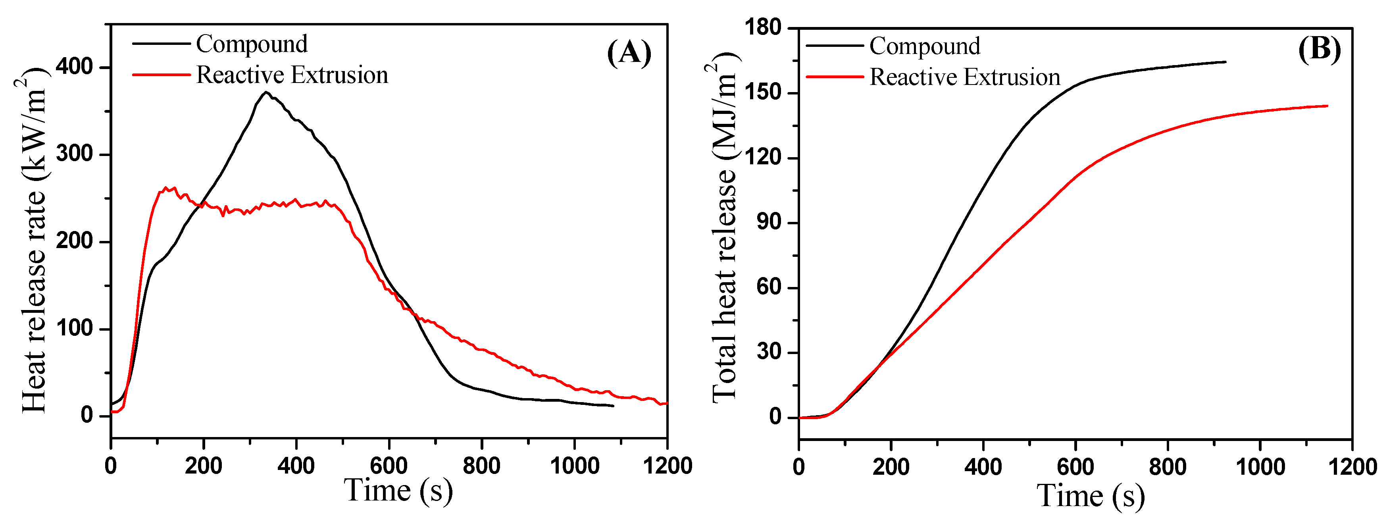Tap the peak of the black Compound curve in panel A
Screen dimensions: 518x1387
265,92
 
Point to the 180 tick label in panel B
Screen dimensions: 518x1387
762,27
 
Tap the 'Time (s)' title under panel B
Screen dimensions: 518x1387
1090,495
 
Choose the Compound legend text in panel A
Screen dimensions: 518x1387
252,44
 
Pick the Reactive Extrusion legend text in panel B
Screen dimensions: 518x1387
964,77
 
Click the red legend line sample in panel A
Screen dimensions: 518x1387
161,74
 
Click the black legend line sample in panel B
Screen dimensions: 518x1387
835,46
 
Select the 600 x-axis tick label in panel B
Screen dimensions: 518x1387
1075,466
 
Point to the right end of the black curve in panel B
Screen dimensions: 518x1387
1225,62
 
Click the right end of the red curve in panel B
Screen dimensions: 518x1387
1327,106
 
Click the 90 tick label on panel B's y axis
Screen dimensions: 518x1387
768,222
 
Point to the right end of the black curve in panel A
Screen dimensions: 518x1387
613,405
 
